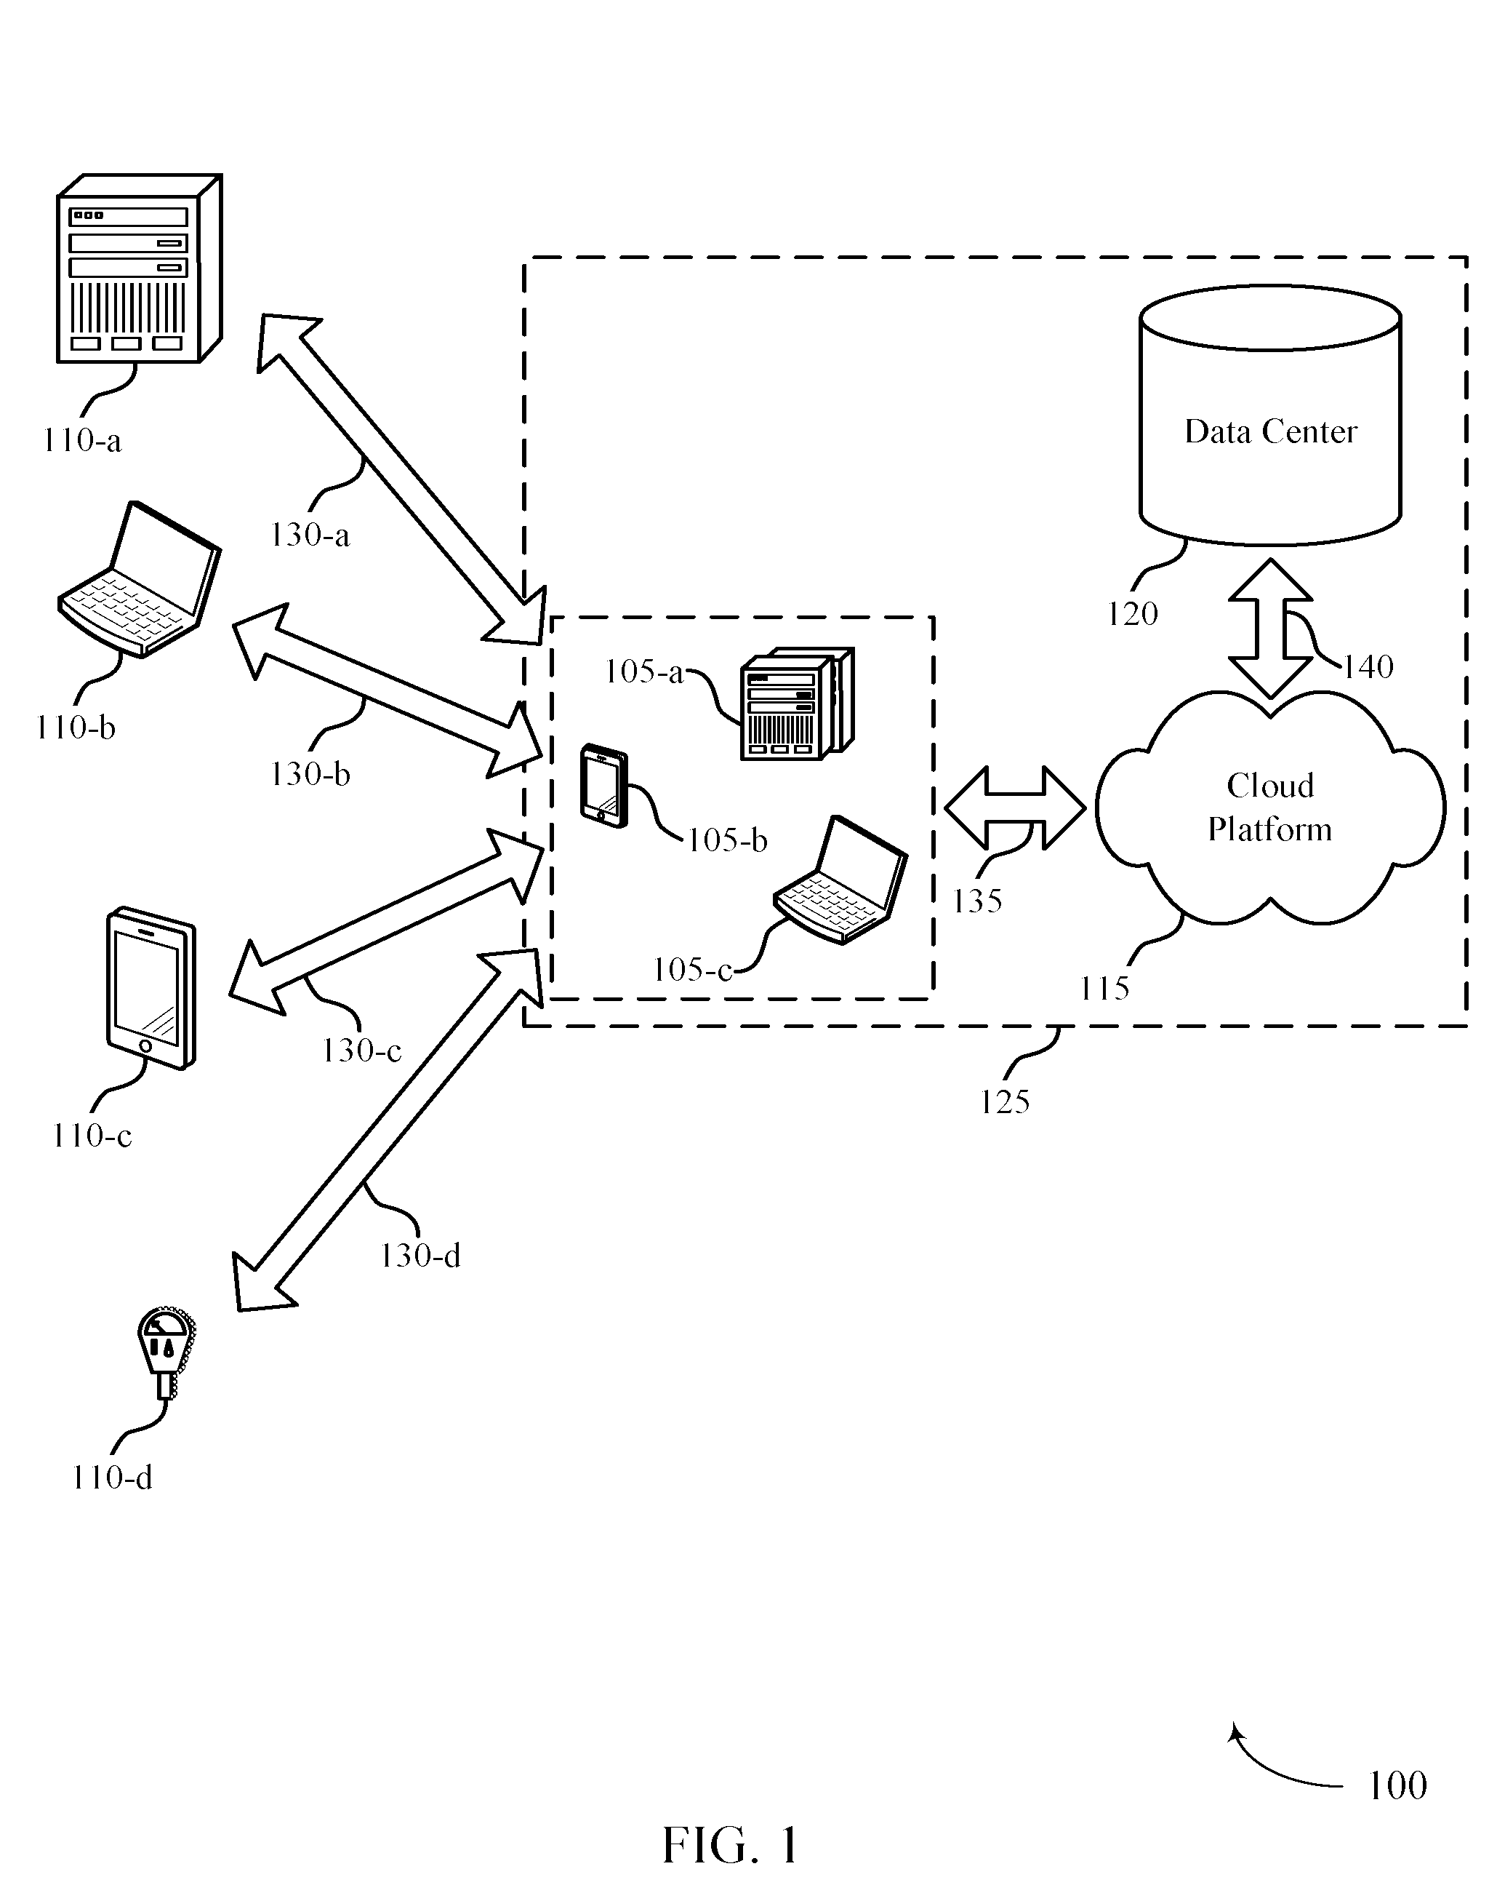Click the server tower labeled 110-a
coord(139,268)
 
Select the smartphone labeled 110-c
coord(151,987)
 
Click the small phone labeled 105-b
coord(605,785)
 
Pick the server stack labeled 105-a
coord(796,704)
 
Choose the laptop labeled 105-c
coord(840,880)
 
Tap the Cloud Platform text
coord(1270,807)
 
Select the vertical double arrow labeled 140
coord(1270,629)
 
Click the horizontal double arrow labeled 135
coord(1015,808)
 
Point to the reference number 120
coord(1132,615)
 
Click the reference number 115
coord(1104,989)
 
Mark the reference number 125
coord(1004,1101)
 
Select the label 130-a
coord(310,535)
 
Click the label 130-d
coord(420,1256)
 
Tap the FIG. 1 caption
coord(731,1845)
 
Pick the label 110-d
coord(112,1478)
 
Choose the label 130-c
coord(361,1050)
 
